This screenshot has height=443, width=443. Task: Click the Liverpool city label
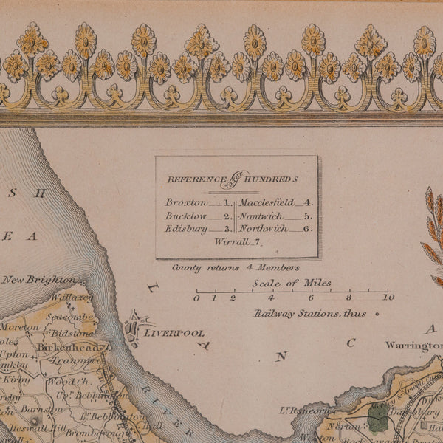(174, 333)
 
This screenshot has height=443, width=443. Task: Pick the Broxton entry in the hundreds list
(185, 202)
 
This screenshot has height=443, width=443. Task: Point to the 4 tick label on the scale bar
(271, 298)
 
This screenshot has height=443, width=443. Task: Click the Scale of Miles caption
(291, 283)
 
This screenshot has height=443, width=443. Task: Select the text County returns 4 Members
(236, 267)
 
